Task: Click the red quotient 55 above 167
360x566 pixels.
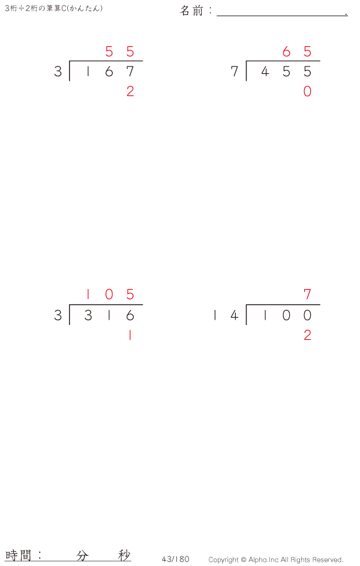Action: coord(119,52)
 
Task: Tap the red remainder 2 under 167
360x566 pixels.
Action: coord(130,91)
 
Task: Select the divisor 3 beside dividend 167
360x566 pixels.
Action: coord(58,72)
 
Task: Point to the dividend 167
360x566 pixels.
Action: coord(109,72)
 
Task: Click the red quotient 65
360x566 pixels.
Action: coord(297,52)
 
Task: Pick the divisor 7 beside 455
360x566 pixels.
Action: coord(235,72)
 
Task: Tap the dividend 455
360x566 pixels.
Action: coord(286,72)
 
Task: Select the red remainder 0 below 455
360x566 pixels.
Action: coord(307,91)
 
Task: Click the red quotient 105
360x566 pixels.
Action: coord(109,294)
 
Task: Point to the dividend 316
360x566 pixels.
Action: coord(109,315)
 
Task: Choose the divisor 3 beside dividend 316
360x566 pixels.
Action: coord(58,315)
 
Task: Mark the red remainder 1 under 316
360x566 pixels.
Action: coord(130,336)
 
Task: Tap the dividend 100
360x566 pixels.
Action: coord(286,315)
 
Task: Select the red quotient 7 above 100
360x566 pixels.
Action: coord(307,294)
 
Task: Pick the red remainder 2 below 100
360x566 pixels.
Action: coord(307,336)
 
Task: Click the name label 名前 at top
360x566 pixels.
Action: coord(193,11)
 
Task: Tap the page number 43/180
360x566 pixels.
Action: coord(175,559)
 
